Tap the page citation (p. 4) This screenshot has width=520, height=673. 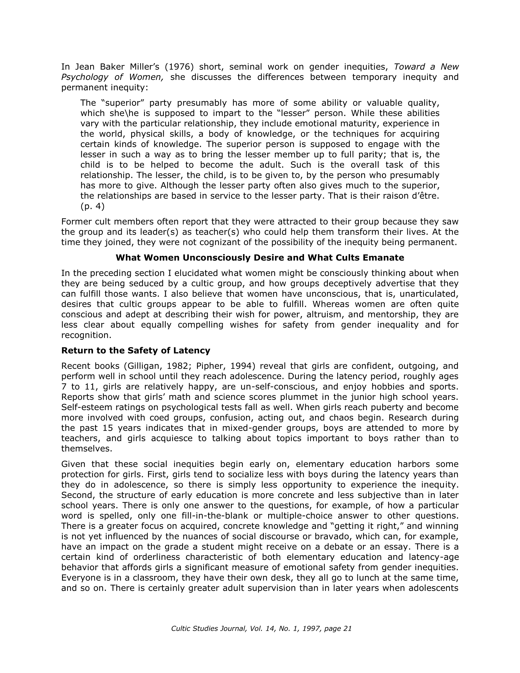(x=92, y=206)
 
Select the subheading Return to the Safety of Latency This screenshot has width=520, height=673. (x=136, y=350)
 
